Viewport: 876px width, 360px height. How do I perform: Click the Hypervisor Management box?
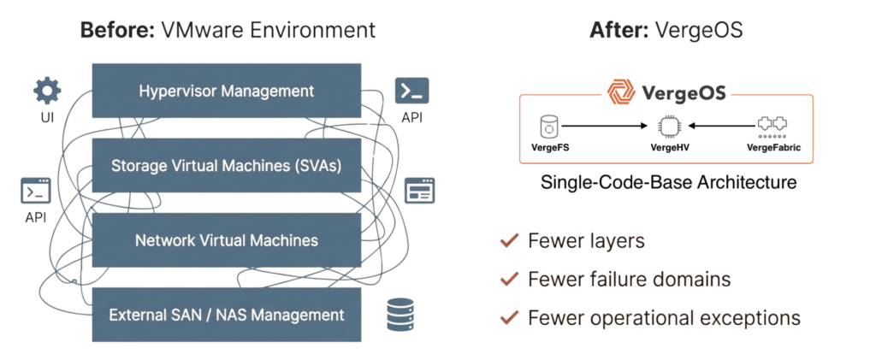(226, 91)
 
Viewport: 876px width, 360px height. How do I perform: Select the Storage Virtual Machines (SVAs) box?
(226, 165)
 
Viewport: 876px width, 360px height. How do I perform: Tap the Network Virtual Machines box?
(226, 240)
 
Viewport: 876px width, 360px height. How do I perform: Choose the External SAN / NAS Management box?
(226, 315)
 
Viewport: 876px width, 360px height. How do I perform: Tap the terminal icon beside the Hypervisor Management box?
(411, 89)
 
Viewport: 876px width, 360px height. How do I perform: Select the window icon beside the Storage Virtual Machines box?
(420, 190)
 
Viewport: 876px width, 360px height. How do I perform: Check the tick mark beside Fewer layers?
(509, 241)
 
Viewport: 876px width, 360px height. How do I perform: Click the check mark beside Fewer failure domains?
(509, 279)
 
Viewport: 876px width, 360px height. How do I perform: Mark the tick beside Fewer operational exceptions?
(509, 318)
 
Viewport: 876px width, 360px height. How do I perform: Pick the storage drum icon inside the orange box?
(548, 127)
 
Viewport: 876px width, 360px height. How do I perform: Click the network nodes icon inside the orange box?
(772, 127)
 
